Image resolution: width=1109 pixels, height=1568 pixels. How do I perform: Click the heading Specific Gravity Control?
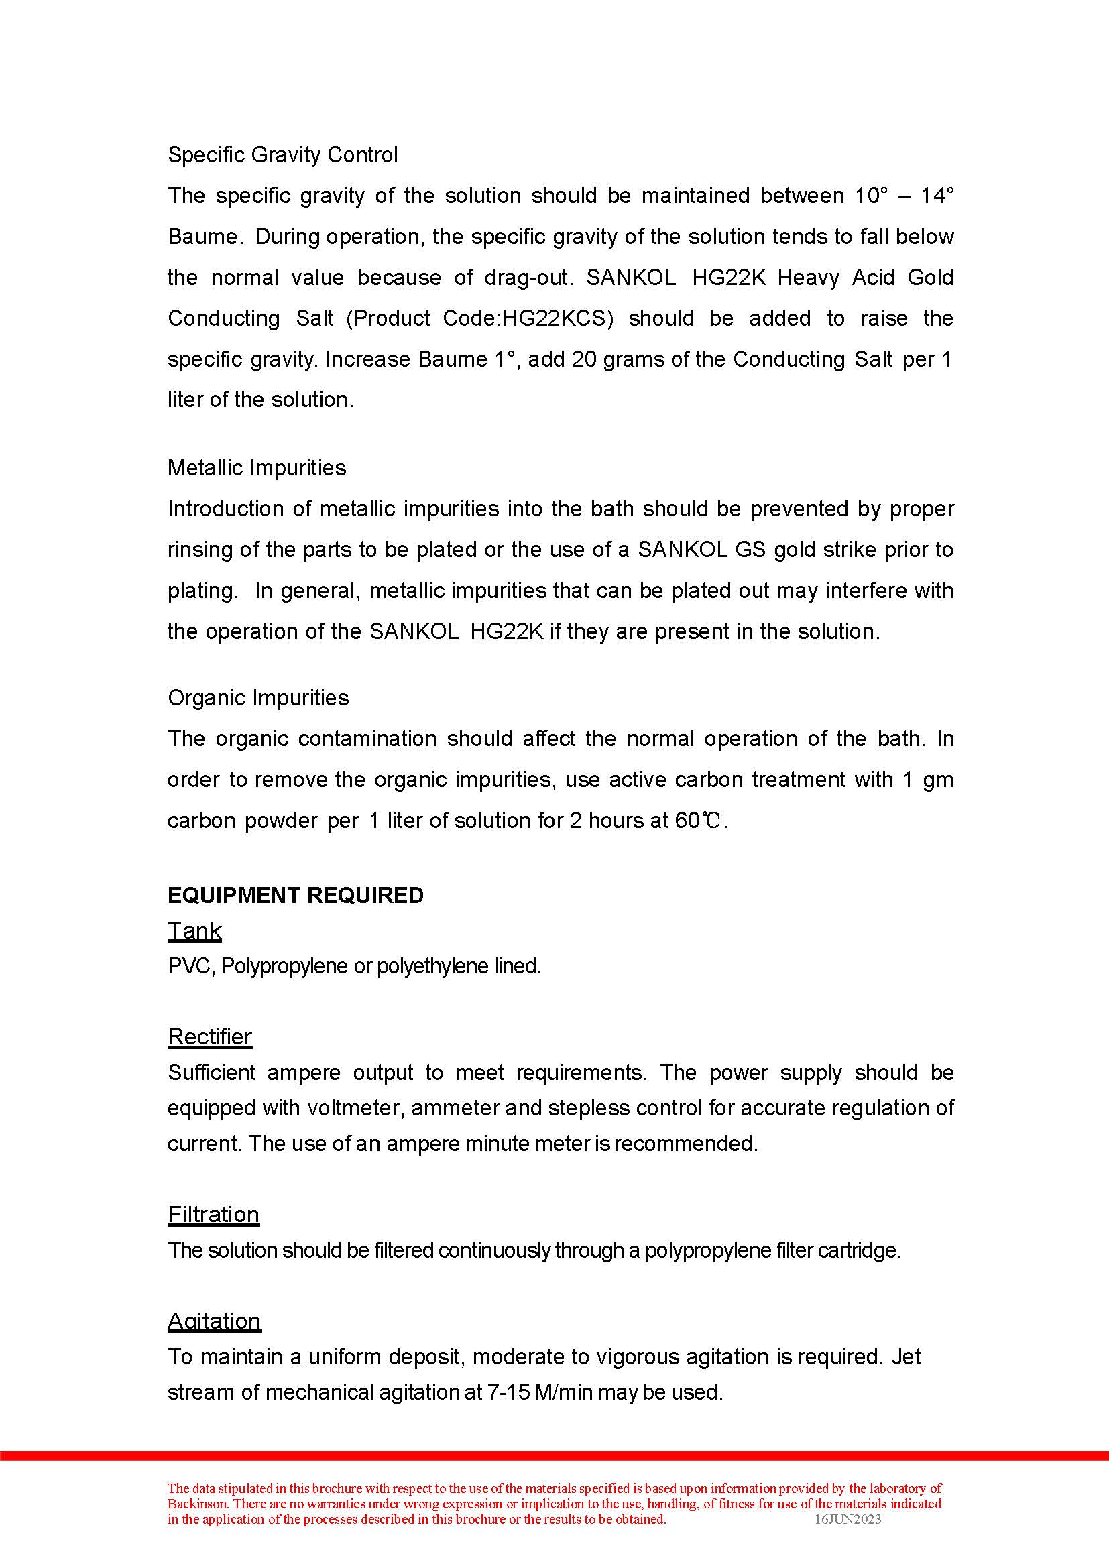tap(282, 155)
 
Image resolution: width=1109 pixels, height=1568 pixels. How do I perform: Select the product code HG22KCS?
tap(555, 319)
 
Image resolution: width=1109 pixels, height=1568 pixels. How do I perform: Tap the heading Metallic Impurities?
tap(257, 468)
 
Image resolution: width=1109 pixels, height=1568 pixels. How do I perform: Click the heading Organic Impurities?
tap(258, 698)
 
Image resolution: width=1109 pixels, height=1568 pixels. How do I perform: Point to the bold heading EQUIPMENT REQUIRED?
tap(295, 896)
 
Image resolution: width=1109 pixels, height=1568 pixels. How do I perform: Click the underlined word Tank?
tap(194, 932)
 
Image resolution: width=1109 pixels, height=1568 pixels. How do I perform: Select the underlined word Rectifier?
tap(210, 1037)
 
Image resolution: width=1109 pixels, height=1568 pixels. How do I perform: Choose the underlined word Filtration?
tap(213, 1214)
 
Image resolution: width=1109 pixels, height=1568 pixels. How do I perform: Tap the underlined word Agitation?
tap(214, 1321)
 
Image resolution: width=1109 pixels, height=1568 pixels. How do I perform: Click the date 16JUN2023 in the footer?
tap(848, 1520)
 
